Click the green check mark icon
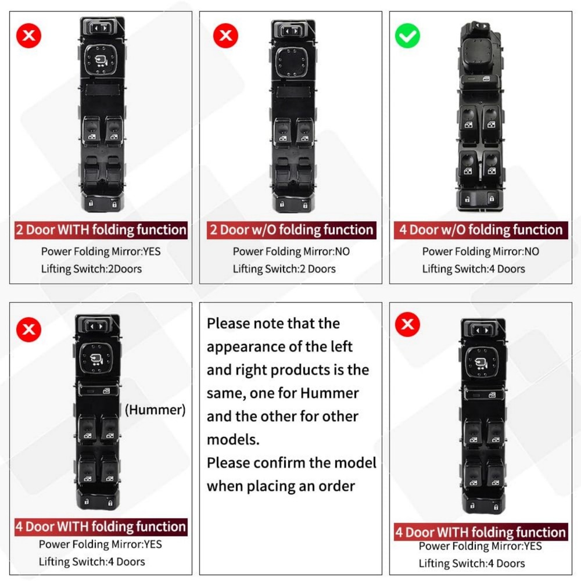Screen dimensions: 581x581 [x=408, y=37]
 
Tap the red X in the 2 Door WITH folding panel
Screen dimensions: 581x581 [x=29, y=36]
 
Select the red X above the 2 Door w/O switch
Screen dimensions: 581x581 [x=225, y=37]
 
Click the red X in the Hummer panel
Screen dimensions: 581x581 [x=28, y=330]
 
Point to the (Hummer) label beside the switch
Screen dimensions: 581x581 [x=155, y=410]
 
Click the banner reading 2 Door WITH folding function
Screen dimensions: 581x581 [x=101, y=229]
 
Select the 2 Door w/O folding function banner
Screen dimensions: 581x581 [x=291, y=229]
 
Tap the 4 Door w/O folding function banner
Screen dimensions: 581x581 [x=480, y=229]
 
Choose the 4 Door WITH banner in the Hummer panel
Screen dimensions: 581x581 [x=101, y=527]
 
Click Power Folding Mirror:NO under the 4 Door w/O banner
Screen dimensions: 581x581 [x=480, y=252]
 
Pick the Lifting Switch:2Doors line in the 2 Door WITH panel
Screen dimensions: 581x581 [x=91, y=268]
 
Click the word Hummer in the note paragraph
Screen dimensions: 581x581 [x=329, y=393]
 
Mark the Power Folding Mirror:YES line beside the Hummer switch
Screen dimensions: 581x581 [x=100, y=544]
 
